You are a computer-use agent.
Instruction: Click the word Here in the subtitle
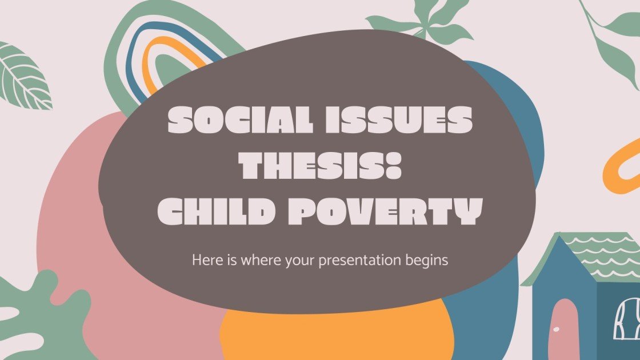(204, 260)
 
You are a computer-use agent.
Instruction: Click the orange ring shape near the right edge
(620, 157)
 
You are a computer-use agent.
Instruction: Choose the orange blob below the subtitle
(337, 334)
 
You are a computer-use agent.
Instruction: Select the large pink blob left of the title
(80, 229)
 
